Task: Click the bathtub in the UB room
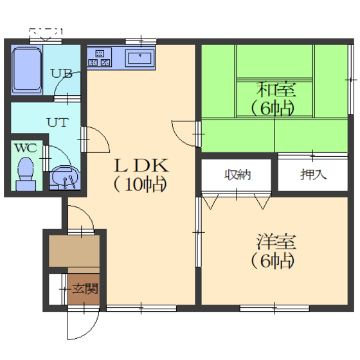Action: point(26,70)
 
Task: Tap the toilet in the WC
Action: point(26,174)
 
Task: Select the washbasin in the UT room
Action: point(65,177)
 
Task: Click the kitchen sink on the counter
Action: point(139,58)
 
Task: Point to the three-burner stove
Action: point(100,57)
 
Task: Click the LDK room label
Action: point(141,166)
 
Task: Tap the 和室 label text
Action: point(276,89)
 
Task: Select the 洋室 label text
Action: point(276,242)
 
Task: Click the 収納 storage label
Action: point(237,175)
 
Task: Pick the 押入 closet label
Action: point(313,174)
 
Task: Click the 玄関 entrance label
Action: point(85,289)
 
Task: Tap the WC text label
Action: point(26,148)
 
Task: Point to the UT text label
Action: point(58,122)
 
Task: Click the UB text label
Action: point(61,74)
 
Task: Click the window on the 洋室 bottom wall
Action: point(274,308)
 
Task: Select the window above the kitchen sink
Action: point(141,42)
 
